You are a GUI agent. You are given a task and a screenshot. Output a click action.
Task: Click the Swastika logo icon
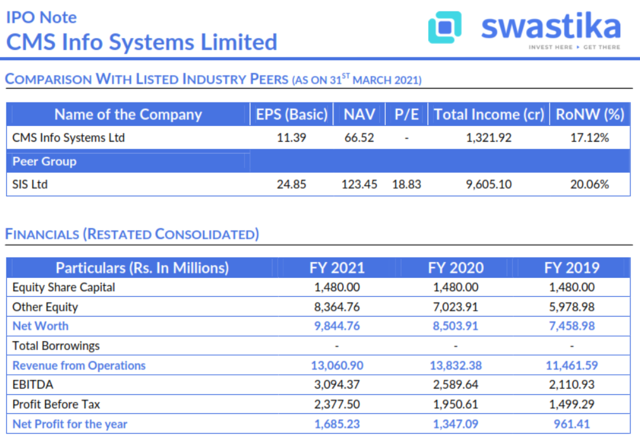tap(445, 27)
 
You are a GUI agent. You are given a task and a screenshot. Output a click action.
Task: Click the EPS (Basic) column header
tap(292, 115)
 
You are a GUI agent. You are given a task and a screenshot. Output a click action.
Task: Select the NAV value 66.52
tap(359, 137)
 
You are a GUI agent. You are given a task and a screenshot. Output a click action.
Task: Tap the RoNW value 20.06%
tap(589, 184)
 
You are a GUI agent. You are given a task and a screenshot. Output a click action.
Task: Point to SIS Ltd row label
tap(30, 184)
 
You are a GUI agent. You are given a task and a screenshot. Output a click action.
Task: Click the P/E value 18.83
tap(407, 184)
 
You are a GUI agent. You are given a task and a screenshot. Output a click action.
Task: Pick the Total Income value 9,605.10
tap(489, 184)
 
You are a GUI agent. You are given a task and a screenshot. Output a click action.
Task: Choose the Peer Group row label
tap(44, 161)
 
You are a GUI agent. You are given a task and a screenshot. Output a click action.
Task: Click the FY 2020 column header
tap(455, 267)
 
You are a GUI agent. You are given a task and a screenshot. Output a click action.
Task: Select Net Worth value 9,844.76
tap(337, 326)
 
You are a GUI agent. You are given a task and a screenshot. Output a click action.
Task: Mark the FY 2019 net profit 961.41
tap(572, 423)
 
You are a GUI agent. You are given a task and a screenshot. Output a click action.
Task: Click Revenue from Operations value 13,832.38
tap(455, 365)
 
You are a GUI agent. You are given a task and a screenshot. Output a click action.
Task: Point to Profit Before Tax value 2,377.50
tap(337, 404)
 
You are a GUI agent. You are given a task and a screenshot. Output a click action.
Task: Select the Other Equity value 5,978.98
tap(572, 307)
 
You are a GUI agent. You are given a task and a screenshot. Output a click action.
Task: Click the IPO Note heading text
tap(41, 17)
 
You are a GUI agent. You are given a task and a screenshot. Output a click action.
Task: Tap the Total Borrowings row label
tap(56, 346)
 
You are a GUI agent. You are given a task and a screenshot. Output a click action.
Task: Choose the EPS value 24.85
tap(292, 184)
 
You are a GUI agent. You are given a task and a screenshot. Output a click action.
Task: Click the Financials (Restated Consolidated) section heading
tap(132, 234)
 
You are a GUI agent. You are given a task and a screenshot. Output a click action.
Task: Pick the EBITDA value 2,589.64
tap(455, 385)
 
